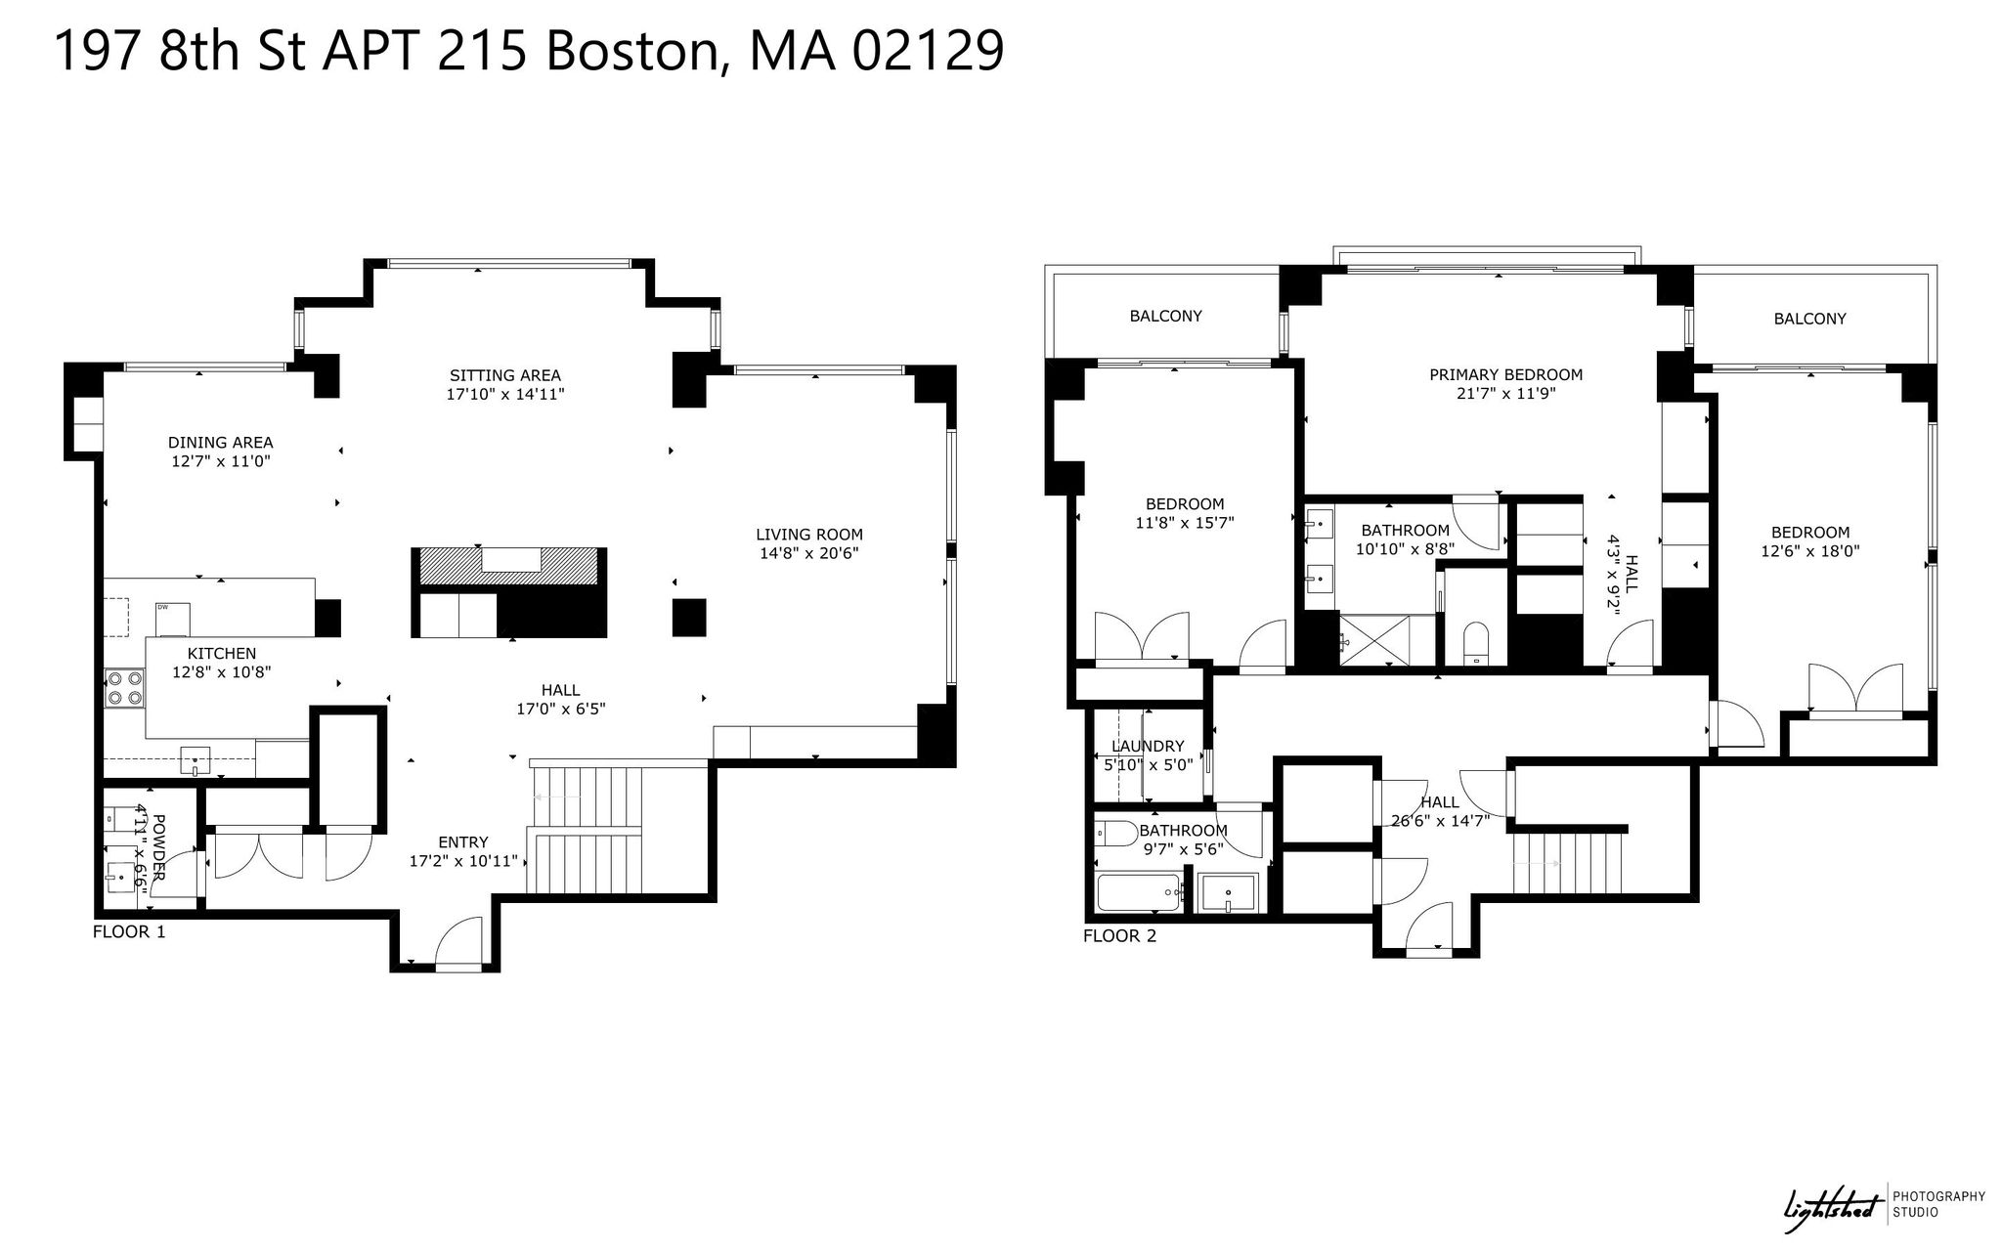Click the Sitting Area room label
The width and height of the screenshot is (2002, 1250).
click(505, 375)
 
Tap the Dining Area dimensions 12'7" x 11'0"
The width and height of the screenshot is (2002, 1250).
click(220, 461)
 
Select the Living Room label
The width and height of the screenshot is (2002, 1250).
click(809, 535)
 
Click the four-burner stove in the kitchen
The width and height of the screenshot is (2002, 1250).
click(125, 686)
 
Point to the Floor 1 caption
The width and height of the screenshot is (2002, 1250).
click(129, 931)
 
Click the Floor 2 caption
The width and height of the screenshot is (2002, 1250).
click(1119, 936)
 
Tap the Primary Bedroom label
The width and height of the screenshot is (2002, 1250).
click(1505, 374)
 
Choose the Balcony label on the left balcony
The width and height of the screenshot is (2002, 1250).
click(1165, 316)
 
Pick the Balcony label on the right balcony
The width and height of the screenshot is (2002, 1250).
click(1809, 319)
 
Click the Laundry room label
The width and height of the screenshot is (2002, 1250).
click(1148, 747)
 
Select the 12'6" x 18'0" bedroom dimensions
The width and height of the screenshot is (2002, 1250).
click(1810, 550)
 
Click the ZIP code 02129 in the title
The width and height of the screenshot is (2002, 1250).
click(928, 51)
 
